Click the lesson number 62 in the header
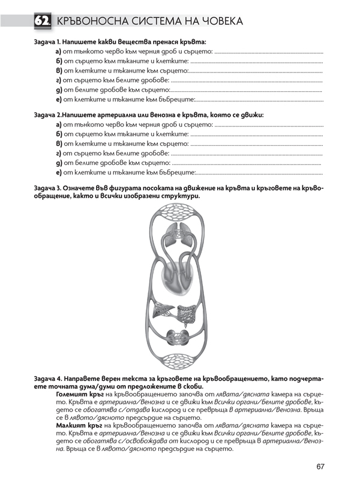pos(42,22)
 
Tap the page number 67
pos(322,467)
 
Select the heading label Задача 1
pos(49,43)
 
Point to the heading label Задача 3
pos(49,188)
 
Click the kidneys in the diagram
pos(179,336)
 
